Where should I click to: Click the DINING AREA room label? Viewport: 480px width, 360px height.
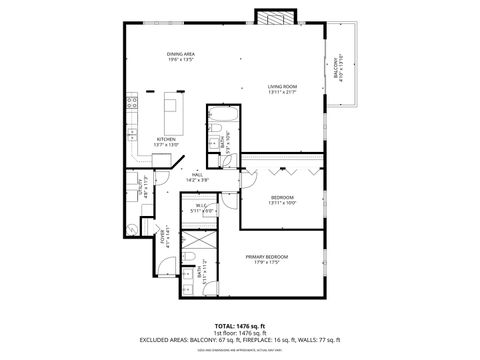pos(180,56)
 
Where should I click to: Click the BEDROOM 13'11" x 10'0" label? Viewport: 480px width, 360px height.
pos(283,199)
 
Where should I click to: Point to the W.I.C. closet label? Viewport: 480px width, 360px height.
pos(203,208)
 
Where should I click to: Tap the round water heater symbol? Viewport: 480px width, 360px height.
pos(134,227)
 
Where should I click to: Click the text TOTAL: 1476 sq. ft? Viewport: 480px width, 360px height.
pos(239,326)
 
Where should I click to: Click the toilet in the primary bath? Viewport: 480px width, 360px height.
pos(188,264)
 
